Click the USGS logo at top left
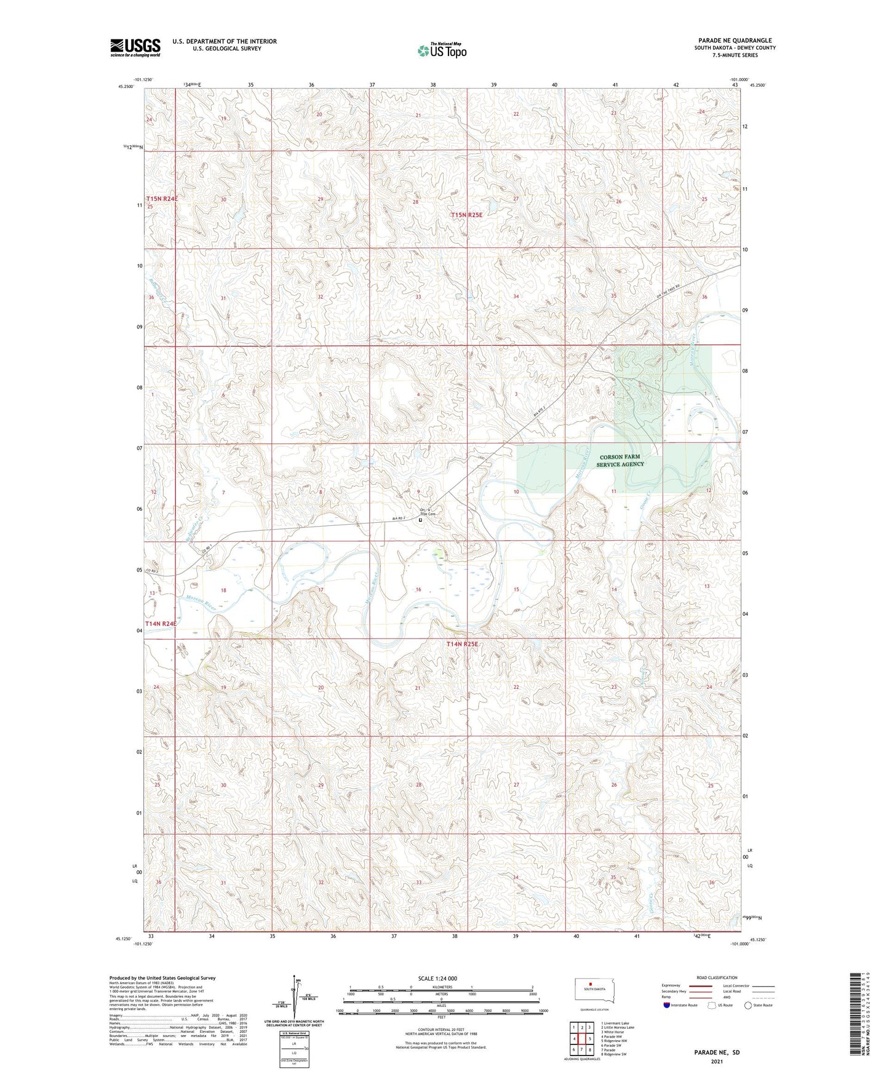point(135,47)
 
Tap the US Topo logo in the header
point(442,50)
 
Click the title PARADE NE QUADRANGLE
point(735,41)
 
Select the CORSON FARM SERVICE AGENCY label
point(620,461)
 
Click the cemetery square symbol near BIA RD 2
point(420,520)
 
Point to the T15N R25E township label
point(466,215)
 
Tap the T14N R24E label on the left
point(161,624)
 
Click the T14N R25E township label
point(461,644)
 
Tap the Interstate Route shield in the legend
point(667,1005)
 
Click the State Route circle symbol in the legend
point(748,1005)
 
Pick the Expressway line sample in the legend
point(701,985)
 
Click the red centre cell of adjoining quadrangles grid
point(581,1039)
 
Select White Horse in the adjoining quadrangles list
point(613,1032)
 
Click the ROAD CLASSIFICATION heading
point(717,977)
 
